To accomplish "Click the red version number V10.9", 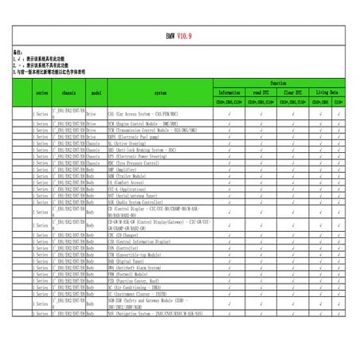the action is click(x=185, y=37).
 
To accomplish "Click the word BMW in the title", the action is click(x=170, y=37).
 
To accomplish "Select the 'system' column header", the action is click(x=160, y=93).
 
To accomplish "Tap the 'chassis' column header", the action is click(x=68, y=93).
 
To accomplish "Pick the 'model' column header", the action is click(x=95, y=93).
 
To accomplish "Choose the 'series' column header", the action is click(x=41, y=93).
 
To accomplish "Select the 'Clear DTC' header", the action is click(x=295, y=92).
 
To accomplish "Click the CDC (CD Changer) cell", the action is click(x=127, y=237).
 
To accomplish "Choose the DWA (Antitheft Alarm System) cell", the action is click(x=140, y=268).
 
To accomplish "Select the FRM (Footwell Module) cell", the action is click(x=131, y=273).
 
